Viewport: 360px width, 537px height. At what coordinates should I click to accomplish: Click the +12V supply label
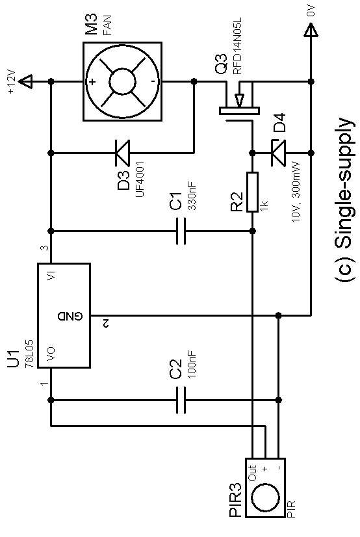pos(11,81)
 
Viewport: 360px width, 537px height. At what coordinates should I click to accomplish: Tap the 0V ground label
pos(311,11)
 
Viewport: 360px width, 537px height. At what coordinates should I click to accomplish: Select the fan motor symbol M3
pos(123,81)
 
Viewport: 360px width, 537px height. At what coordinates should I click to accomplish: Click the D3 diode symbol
pos(123,153)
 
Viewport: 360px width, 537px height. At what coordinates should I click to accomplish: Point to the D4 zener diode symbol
pos(279,153)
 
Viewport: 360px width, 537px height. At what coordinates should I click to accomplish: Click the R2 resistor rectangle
pos(253,192)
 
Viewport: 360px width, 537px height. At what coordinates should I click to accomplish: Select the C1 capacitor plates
pos(181,231)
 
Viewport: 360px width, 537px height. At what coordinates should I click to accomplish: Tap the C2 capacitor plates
pos(181,400)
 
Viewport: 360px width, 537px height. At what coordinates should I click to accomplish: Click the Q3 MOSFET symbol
pos(240,101)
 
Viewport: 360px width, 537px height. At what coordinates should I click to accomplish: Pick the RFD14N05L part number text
pos(237,46)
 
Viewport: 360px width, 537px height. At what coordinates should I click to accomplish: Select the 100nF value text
pos(192,363)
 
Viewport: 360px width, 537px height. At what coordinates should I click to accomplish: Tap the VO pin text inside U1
pos(50,355)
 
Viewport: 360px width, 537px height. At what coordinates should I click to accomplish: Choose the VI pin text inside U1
pos(50,275)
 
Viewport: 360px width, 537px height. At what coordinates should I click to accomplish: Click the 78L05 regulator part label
pos(29,354)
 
